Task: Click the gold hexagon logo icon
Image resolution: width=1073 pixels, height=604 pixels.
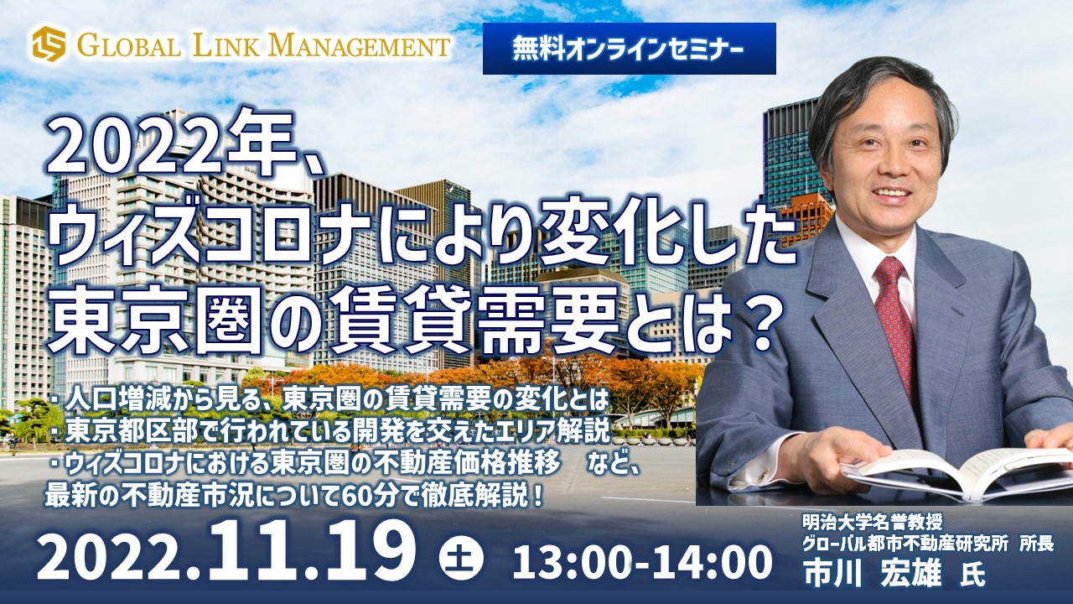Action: click(49, 44)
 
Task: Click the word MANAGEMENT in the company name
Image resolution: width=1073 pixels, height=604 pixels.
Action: click(363, 46)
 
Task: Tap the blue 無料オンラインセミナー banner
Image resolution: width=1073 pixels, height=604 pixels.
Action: click(629, 49)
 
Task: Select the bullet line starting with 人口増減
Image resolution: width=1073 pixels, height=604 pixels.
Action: click(329, 401)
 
